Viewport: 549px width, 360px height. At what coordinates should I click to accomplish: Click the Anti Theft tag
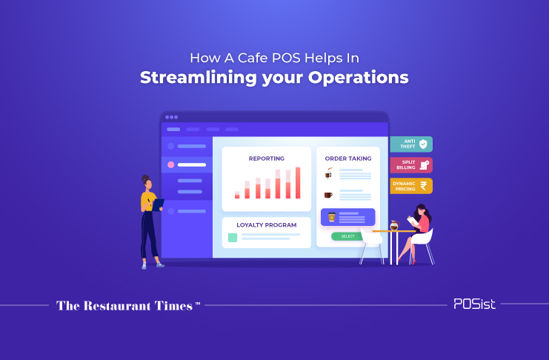coord(411,144)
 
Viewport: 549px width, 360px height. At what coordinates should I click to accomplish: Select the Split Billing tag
coord(411,165)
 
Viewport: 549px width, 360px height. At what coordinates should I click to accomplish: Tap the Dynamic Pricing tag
coord(411,186)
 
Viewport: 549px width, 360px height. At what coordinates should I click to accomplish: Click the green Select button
coord(347,236)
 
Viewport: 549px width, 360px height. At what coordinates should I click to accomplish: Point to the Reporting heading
coord(267,159)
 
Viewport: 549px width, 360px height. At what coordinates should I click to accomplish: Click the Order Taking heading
coord(348,159)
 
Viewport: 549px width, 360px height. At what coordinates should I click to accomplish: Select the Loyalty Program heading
coord(267,225)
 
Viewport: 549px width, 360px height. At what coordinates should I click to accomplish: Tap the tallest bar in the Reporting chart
coord(298,183)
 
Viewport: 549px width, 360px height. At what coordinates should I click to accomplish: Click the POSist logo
coord(474,304)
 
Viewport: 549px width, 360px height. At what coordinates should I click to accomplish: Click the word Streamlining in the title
coord(199,78)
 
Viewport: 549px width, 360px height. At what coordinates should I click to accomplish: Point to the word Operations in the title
coord(358,78)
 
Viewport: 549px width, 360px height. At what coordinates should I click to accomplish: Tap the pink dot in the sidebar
coord(171,164)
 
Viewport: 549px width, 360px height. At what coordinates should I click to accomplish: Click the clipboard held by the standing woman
coord(159,204)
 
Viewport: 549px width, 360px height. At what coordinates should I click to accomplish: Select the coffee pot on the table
coord(395,225)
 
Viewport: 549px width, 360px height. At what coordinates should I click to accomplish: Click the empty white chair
coord(371,245)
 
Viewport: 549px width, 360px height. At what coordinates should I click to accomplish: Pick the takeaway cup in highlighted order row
coord(332,217)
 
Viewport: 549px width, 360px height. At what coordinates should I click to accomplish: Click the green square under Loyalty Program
coord(233,238)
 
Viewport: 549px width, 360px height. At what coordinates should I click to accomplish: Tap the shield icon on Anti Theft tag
coord(423,144)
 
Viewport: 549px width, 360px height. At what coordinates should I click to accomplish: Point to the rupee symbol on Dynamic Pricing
coord(424,186)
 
